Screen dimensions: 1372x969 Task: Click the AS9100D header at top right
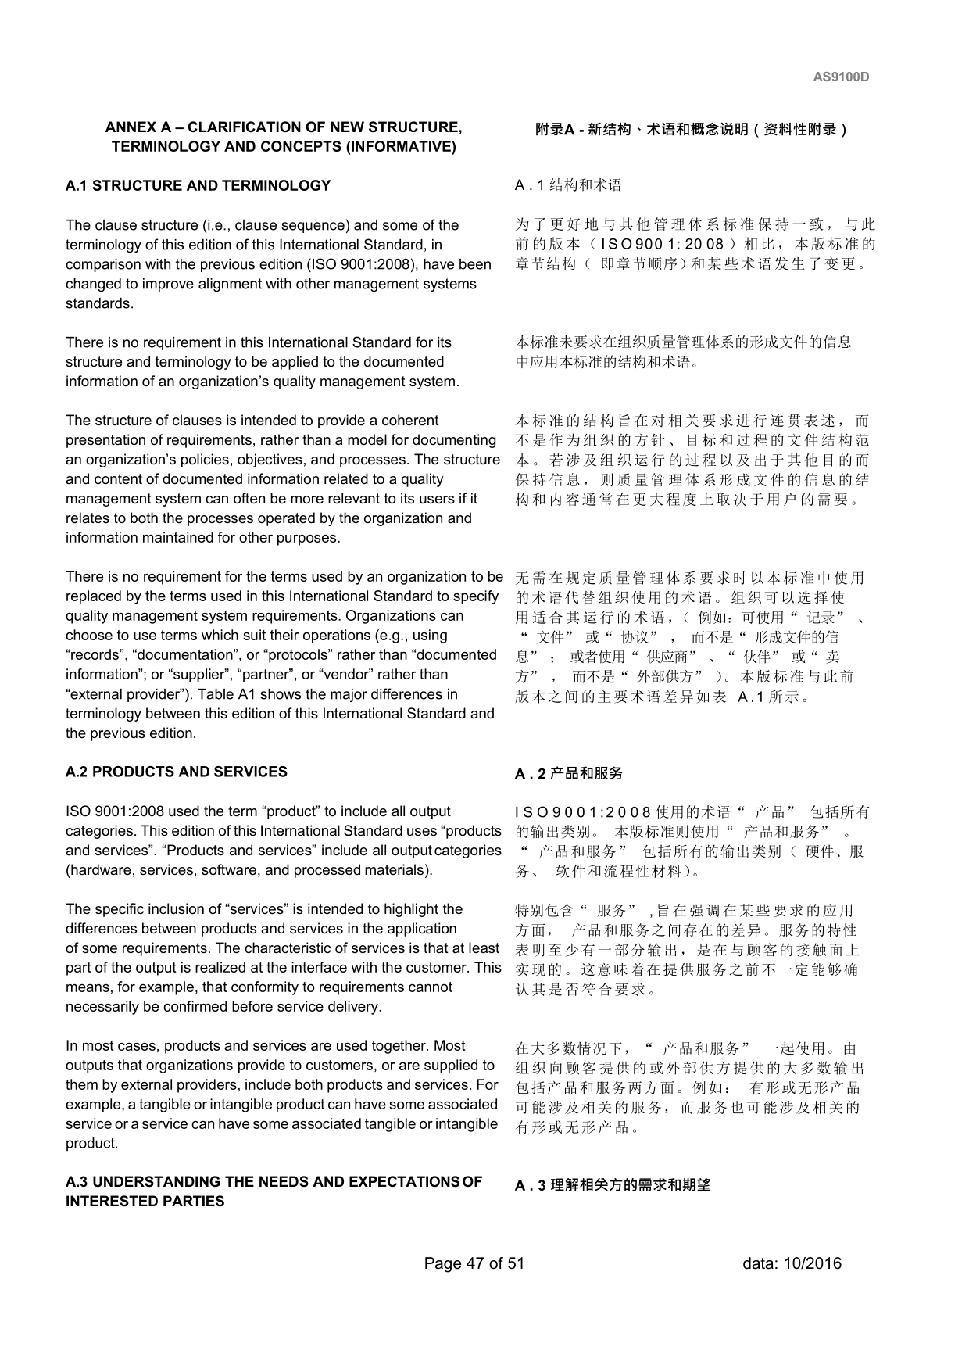[x=841, y=77]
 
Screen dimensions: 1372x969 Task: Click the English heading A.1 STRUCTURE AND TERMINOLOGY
[x=198, y=185]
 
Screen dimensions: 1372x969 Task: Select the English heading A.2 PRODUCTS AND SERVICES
[x=176, y=772]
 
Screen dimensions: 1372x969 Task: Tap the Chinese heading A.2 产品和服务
[x=568, y=773]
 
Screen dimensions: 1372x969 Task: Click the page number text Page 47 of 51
[x=474, y=1263]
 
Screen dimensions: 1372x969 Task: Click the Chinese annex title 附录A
[x=554, y=130]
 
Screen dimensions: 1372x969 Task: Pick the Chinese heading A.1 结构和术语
[x=568, y=185]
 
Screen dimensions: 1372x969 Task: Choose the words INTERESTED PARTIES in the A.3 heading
[x=145, y=1202]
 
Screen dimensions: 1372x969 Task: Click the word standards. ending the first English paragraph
[x=99, y=303]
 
